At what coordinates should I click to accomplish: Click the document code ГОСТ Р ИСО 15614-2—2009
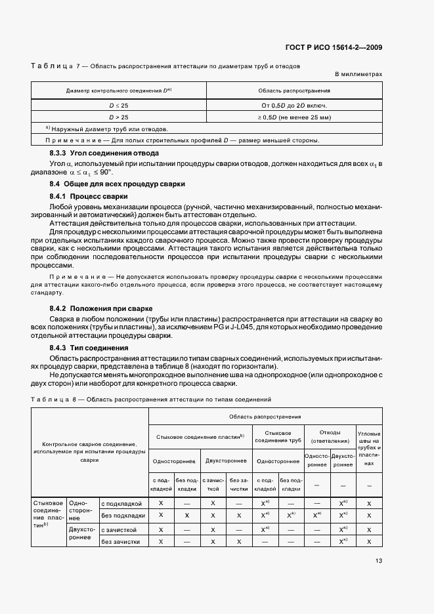(x=344, y=47)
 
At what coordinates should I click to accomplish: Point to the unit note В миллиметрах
(x=358, y=75)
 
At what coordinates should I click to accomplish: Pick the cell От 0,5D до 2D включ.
(x=294, y=105)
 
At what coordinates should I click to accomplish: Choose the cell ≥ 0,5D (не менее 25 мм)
(x=294, y=117)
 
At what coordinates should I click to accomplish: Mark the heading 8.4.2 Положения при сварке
(x=101, y=308)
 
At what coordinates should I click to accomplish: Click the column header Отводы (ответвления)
(x=330, y=437)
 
